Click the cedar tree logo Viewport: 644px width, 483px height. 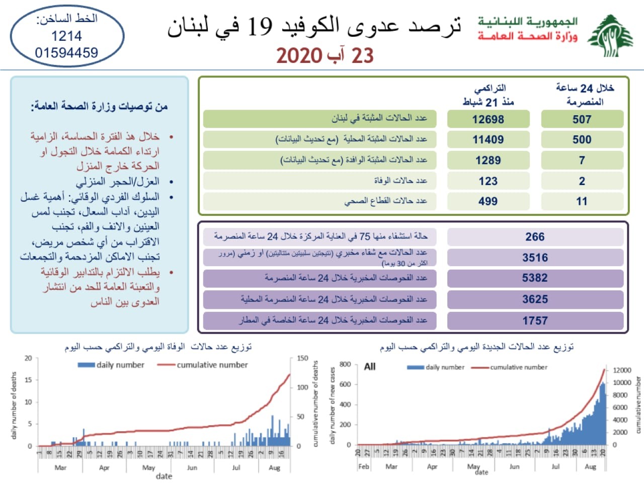click(610, 36)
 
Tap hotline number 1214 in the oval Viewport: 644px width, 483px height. click(66, 36)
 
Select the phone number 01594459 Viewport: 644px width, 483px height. click(66, 52)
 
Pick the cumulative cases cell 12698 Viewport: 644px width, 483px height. click(488, 119)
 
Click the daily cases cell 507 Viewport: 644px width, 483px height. click(582, 119)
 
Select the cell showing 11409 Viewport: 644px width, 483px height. click(488, 139)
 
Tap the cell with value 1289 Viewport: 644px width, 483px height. click(488, 160)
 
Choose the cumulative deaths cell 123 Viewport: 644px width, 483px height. click(488, 181)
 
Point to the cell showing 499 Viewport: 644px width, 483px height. click(488, 201)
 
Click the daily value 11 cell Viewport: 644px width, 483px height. click(582, 201)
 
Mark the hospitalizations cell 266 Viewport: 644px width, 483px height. click(535, 236)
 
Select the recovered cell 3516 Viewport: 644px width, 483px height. click(535, 258)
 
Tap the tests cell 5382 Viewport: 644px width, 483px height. click(535, 278)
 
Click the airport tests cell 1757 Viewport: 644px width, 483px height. click(535, 320)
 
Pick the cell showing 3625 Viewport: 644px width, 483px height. click(535, 299)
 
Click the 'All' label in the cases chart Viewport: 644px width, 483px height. click(370, 366)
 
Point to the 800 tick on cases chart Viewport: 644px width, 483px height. click(345, 364)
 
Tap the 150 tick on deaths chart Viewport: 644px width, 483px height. click(302, 358)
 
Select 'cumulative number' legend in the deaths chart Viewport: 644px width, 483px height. click(212, 365)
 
